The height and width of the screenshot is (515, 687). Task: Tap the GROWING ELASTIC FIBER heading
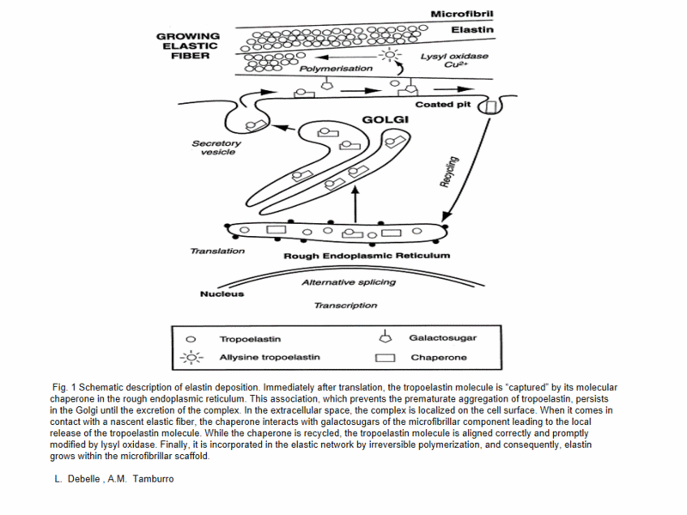(x=187, y=46)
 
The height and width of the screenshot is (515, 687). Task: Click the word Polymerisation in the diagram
(x=336, y=68)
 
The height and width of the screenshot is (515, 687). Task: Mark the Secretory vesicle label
(x=216, y=148)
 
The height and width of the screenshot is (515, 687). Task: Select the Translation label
(x=217, y=251)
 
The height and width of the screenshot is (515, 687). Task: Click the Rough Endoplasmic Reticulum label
(x=367, y=256)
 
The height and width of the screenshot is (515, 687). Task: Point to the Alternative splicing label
(x=349, y=282)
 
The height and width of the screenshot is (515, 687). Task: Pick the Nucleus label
(x=222, y=294)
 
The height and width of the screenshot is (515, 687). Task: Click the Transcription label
(x=345, y=305)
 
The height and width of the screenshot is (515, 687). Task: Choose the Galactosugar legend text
(x=442, y=337)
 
